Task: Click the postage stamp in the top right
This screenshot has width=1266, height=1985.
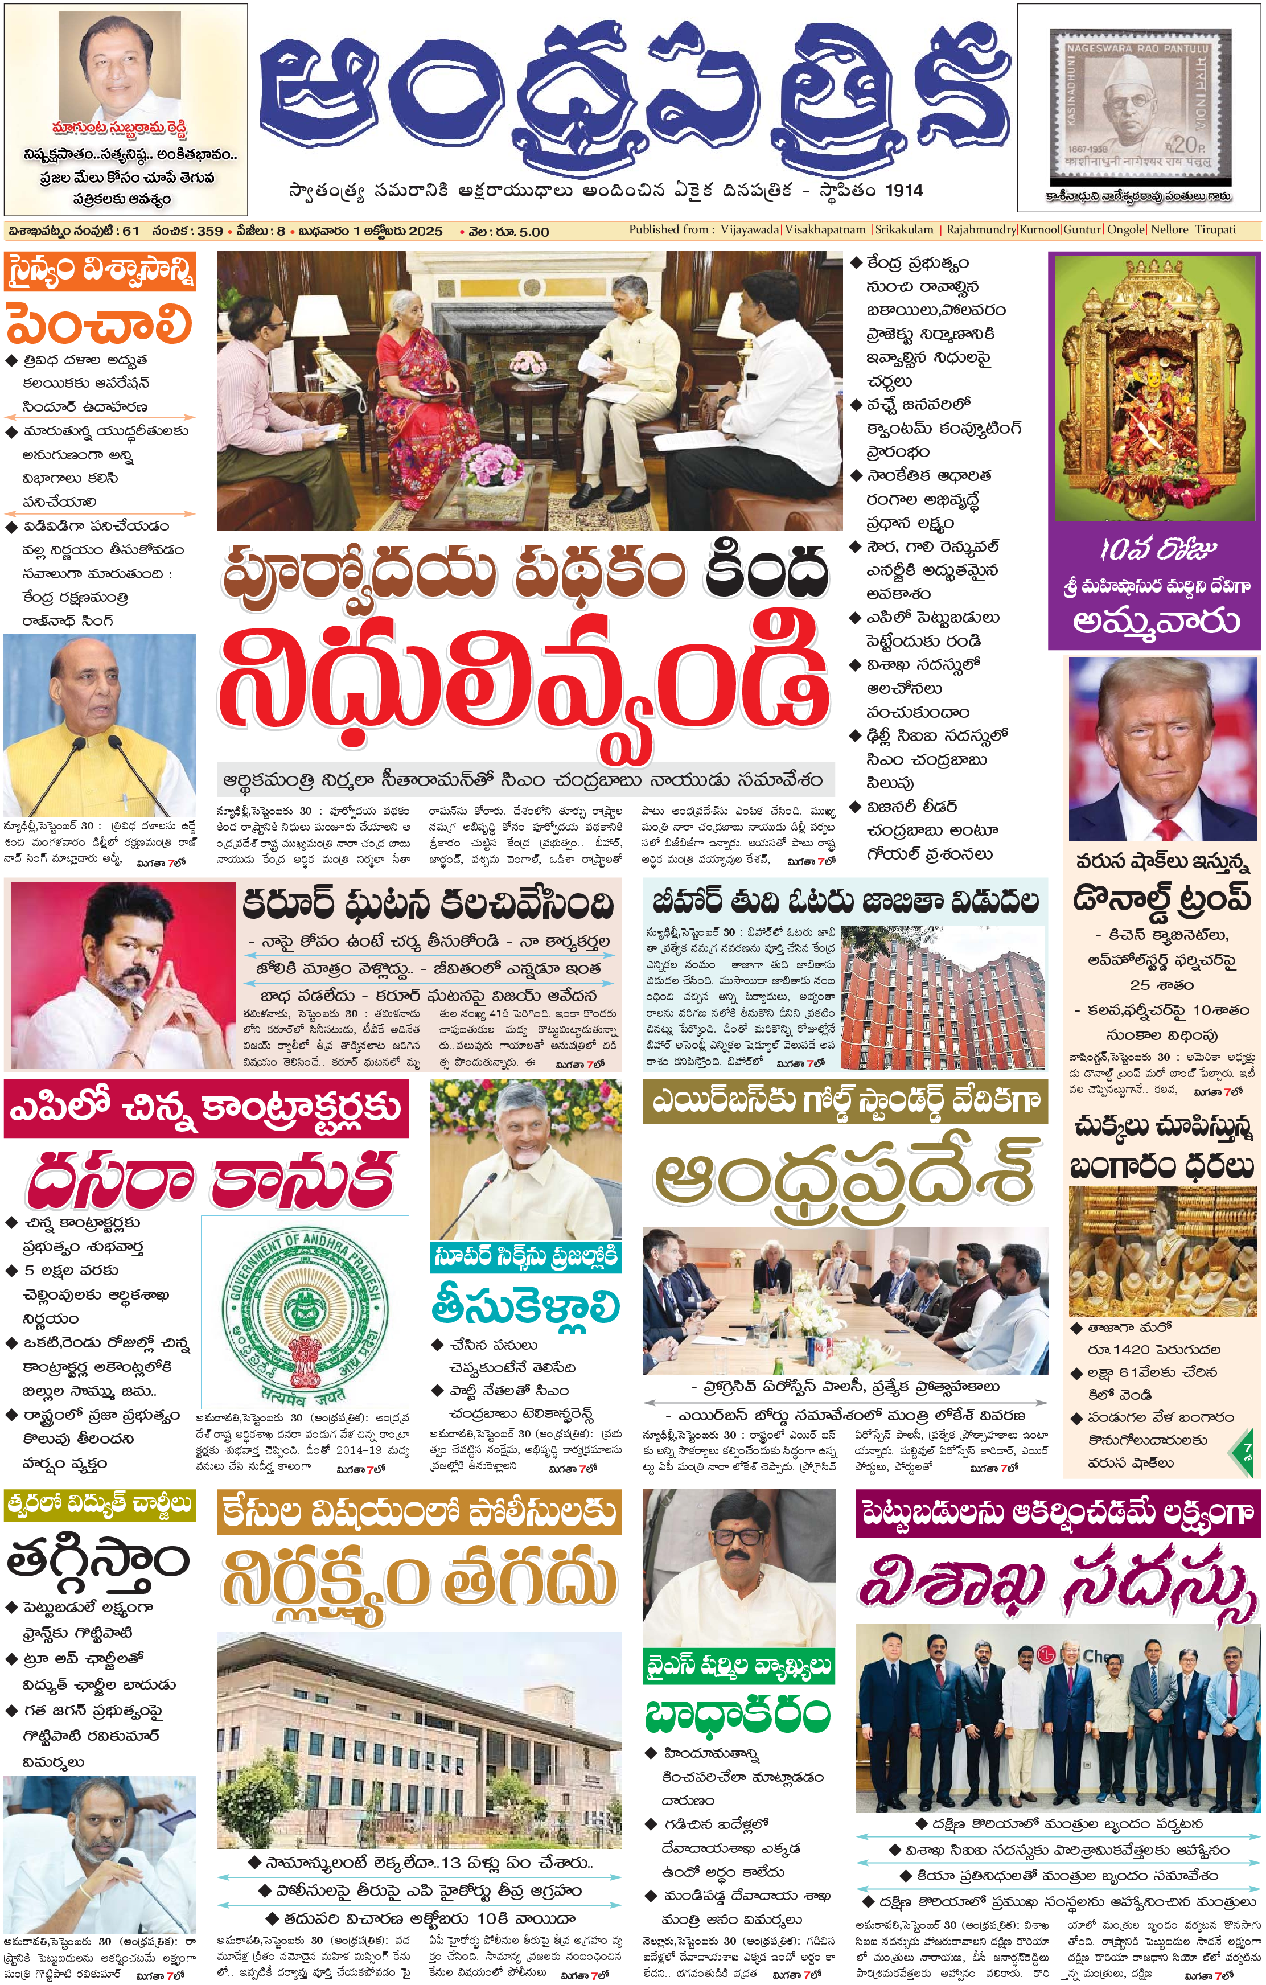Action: tap(1139, 105)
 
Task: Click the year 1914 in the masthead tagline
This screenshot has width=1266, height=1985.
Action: tap(903, 191)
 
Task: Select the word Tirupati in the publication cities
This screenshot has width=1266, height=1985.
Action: tap(1215, 230)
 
